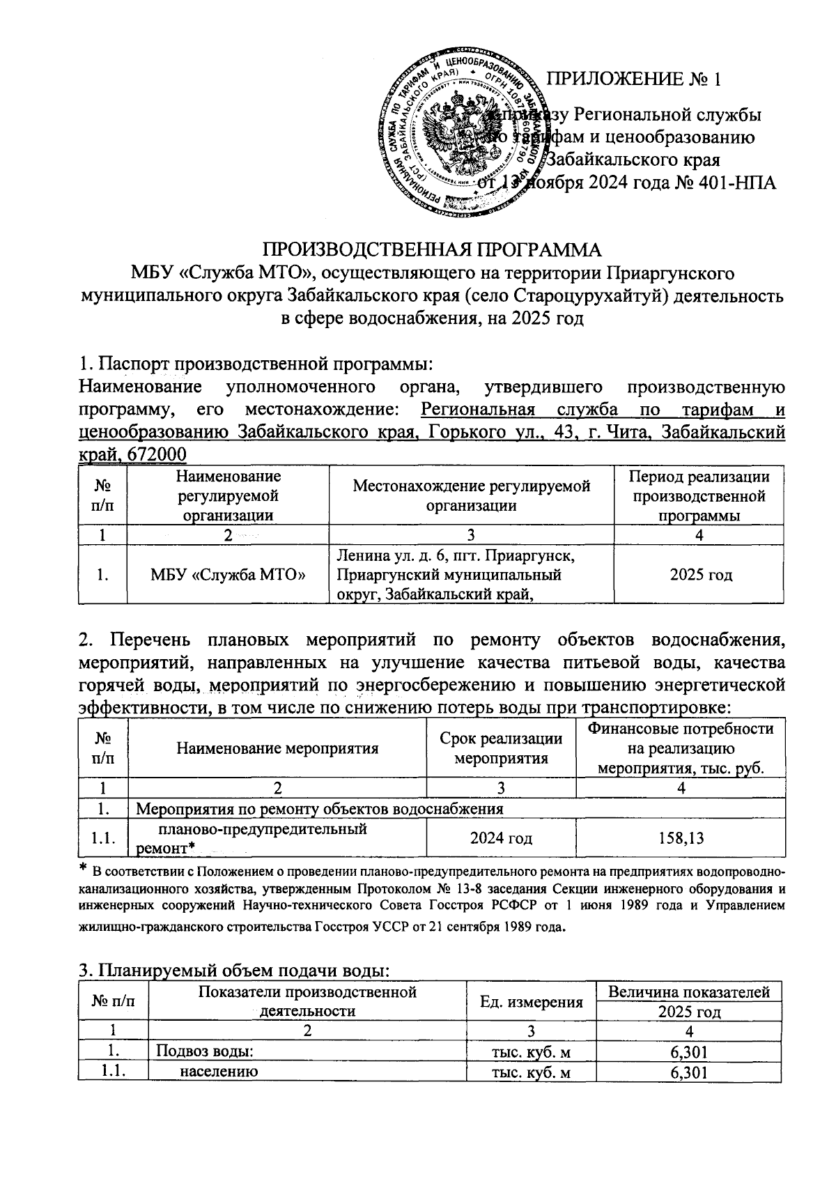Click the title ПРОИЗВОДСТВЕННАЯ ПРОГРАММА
(x=431, y=249)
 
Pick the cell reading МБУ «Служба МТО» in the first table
(x=229, y=575)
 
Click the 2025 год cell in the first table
(x=700, y=575)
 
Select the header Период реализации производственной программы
(x=699, y=495)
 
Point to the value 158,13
(x=681, y=837)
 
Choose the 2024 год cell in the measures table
(x=501, y=837)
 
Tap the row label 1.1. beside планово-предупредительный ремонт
(x=103, y=837)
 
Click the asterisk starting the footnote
(x=83, y=867)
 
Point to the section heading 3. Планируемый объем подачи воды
(x=233, y=971)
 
